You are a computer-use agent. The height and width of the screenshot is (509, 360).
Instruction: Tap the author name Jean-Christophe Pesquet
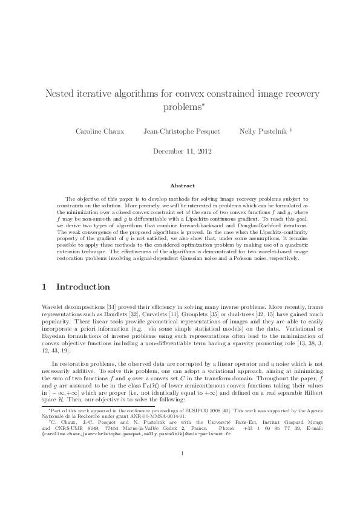click(182, 131)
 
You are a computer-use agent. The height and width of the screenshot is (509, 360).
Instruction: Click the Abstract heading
click(180, 186)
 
